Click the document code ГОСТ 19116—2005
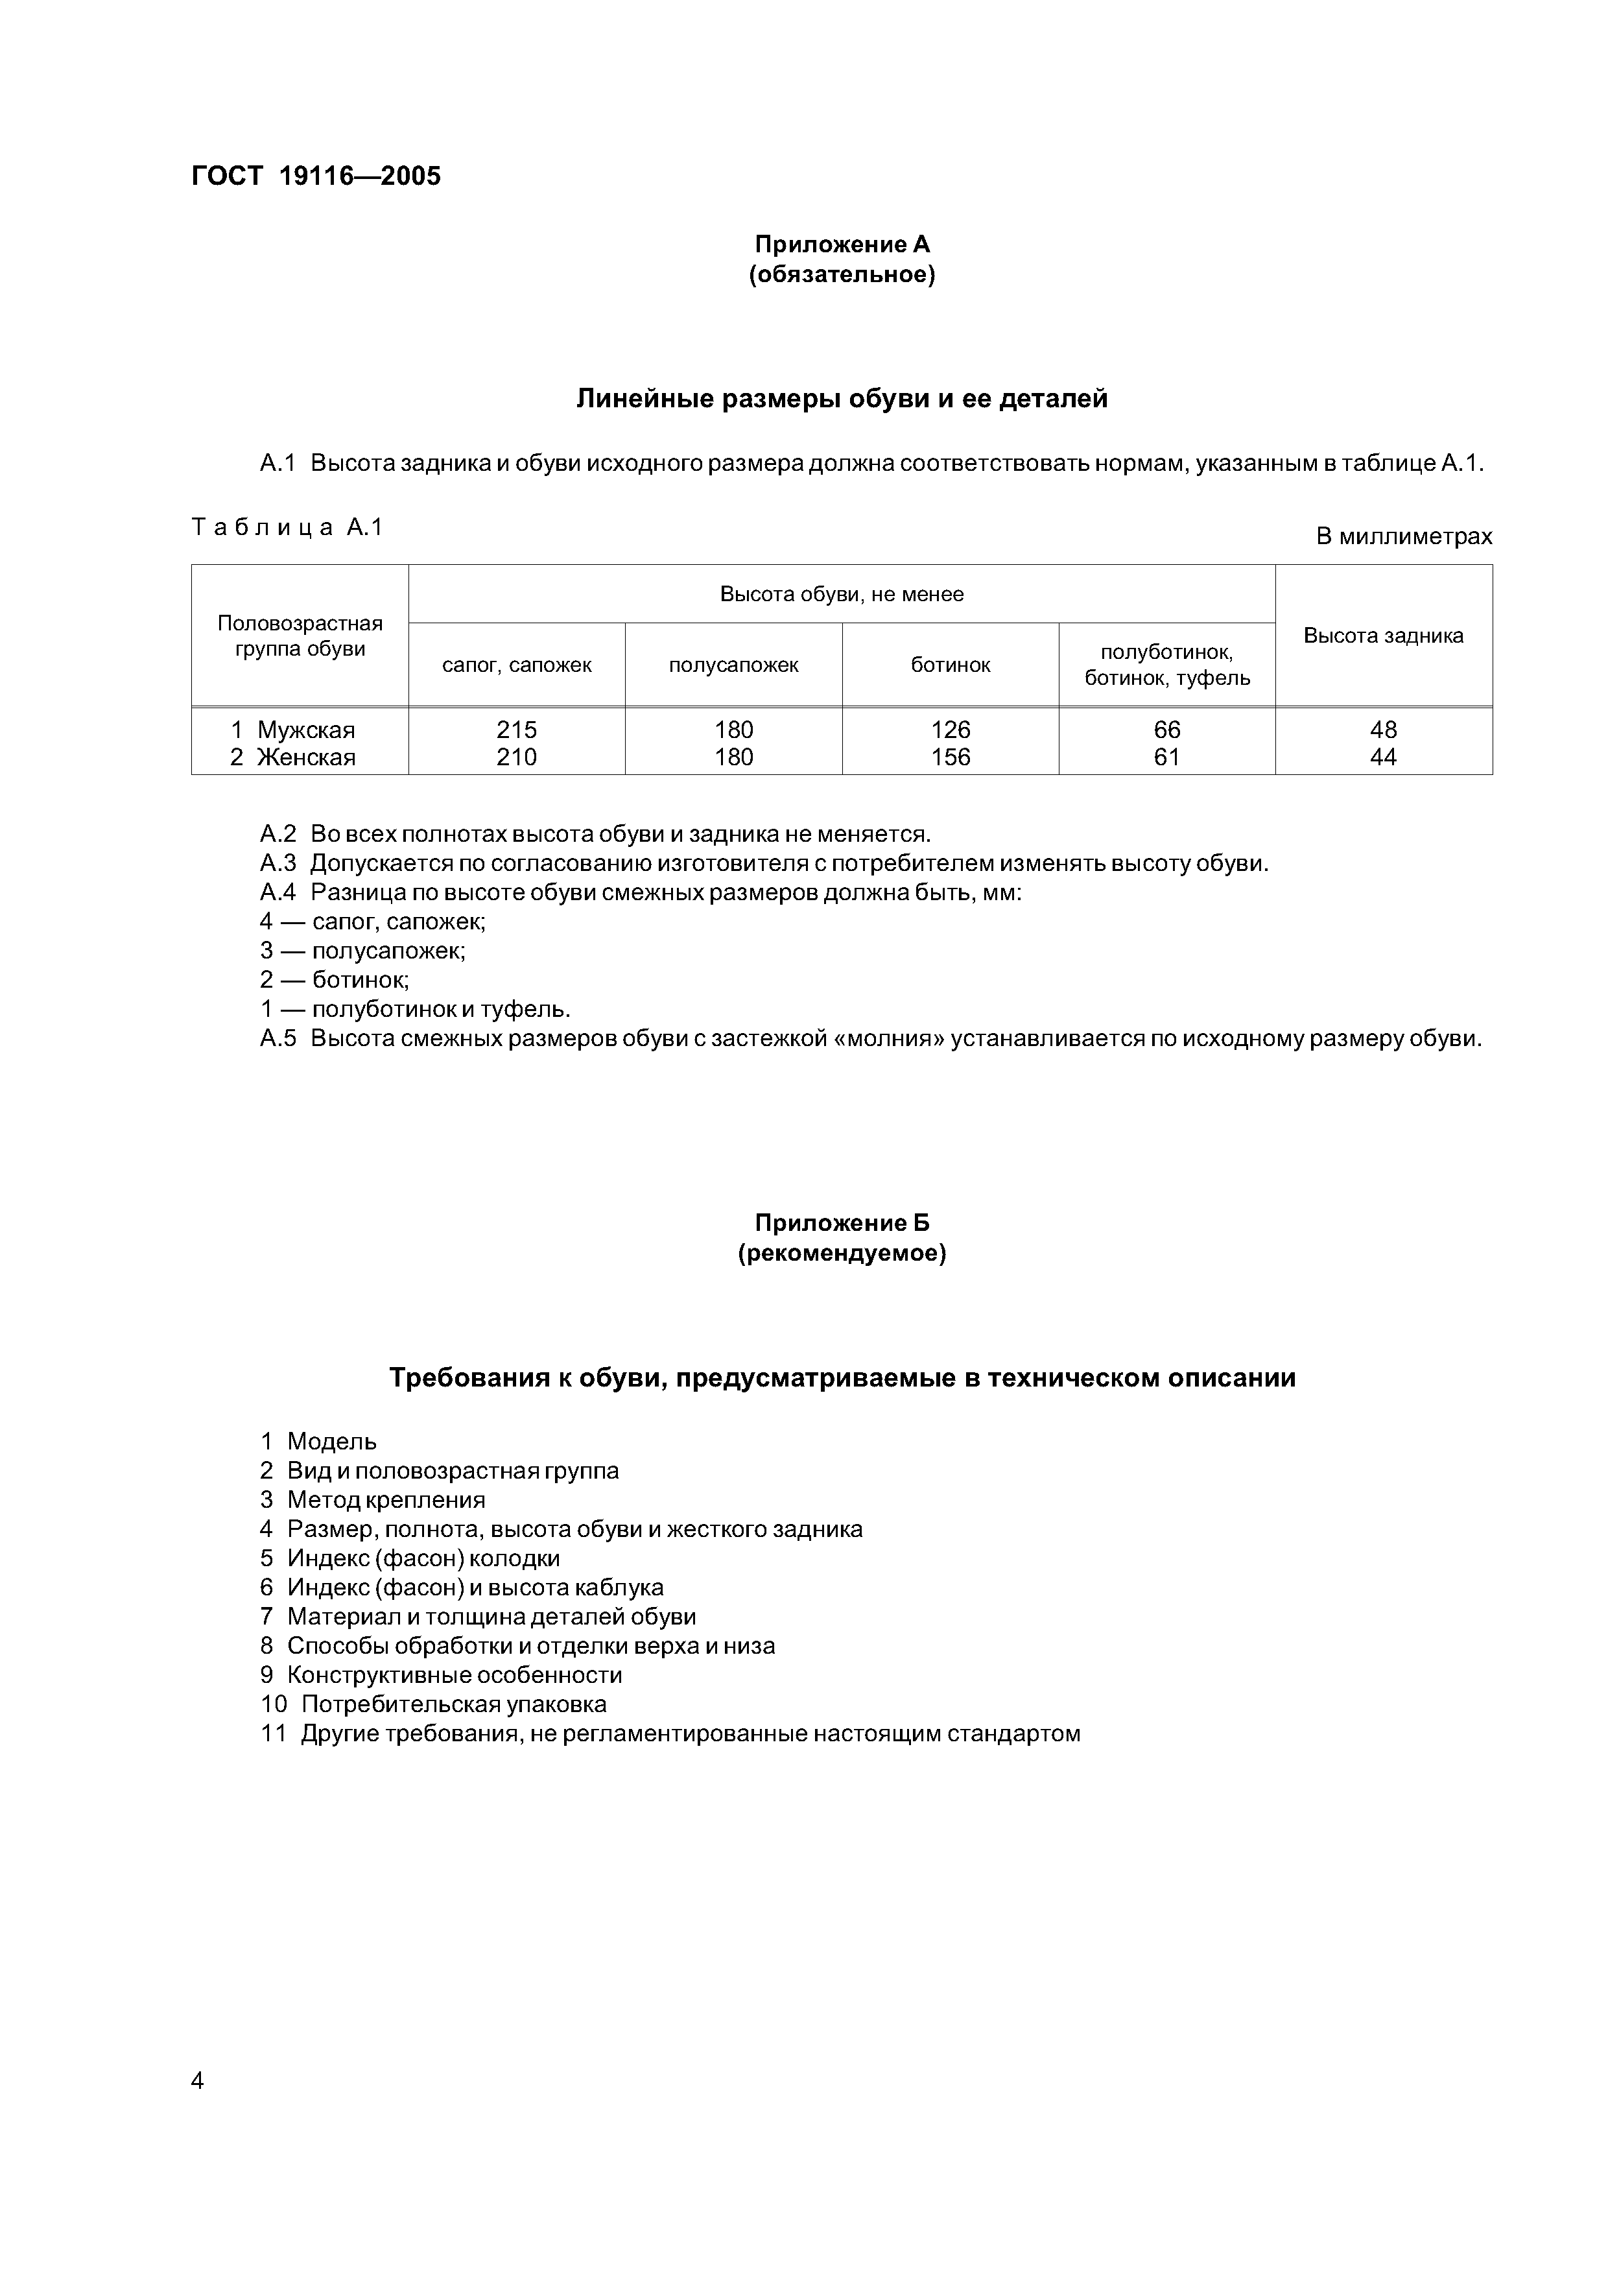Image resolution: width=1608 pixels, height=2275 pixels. coord(316,176)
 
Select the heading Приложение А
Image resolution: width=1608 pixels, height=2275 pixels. coord(842,244)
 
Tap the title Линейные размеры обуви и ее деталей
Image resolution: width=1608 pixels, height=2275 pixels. coord(842,399)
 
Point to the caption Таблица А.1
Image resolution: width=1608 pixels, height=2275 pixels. coord(287,527)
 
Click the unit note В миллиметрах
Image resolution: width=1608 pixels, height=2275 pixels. coord(1403,537)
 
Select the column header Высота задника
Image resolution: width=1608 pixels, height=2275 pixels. coord(1383,636)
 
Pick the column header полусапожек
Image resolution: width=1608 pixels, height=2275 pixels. coord(733,665)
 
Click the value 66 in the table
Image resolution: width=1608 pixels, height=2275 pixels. coord(1167,730)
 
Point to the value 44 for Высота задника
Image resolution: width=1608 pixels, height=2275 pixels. coord(1383,758)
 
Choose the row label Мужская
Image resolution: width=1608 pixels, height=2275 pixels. coord(305,730)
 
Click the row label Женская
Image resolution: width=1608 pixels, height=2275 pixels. coord(305,758)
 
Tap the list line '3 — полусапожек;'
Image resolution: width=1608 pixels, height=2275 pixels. coord(362,951)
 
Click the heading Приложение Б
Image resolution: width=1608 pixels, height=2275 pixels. coord(842,1224)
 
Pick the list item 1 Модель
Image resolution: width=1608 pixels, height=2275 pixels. coord(319,1442)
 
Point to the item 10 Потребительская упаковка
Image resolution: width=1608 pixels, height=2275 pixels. coord(434,1704)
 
